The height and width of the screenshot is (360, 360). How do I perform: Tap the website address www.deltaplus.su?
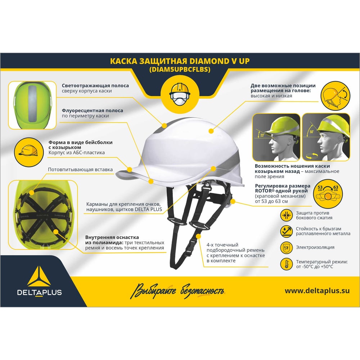coord(317,291)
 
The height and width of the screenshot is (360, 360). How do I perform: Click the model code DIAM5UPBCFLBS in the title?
coord(180,69)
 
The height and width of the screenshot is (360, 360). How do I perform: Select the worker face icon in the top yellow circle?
coord(180,94)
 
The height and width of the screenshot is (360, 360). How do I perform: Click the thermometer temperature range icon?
coord(286,264)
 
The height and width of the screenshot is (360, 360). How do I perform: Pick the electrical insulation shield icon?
coord(286,248)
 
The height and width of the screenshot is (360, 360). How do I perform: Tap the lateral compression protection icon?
coord(286,215)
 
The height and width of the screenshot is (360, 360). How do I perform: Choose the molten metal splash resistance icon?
coord(286,231)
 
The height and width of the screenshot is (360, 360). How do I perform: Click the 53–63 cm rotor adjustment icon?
coord(328,193)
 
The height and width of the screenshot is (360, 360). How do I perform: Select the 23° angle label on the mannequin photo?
coord(262,135)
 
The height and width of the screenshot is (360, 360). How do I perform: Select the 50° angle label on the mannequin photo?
coord(311,132)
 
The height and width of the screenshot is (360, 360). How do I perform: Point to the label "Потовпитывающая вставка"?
coord(80,170)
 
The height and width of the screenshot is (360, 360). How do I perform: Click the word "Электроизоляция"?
coord(315,247)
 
